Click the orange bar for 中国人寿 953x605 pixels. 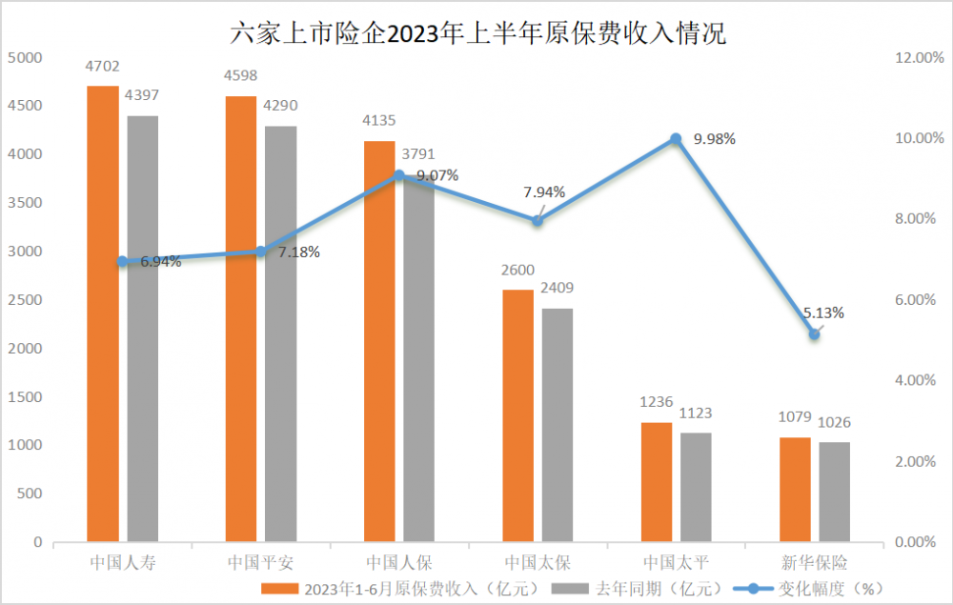103,314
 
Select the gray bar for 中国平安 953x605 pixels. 280,333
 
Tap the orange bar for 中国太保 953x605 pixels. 518,415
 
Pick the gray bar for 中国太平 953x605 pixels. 696,487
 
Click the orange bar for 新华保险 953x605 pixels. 795,490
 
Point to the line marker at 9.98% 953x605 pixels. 676,139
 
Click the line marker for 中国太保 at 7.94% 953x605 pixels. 537,220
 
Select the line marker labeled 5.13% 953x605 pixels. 814,333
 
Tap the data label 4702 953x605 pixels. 102,66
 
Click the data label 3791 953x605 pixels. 419,152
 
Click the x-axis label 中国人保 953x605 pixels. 399,562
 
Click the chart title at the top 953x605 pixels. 477,34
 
